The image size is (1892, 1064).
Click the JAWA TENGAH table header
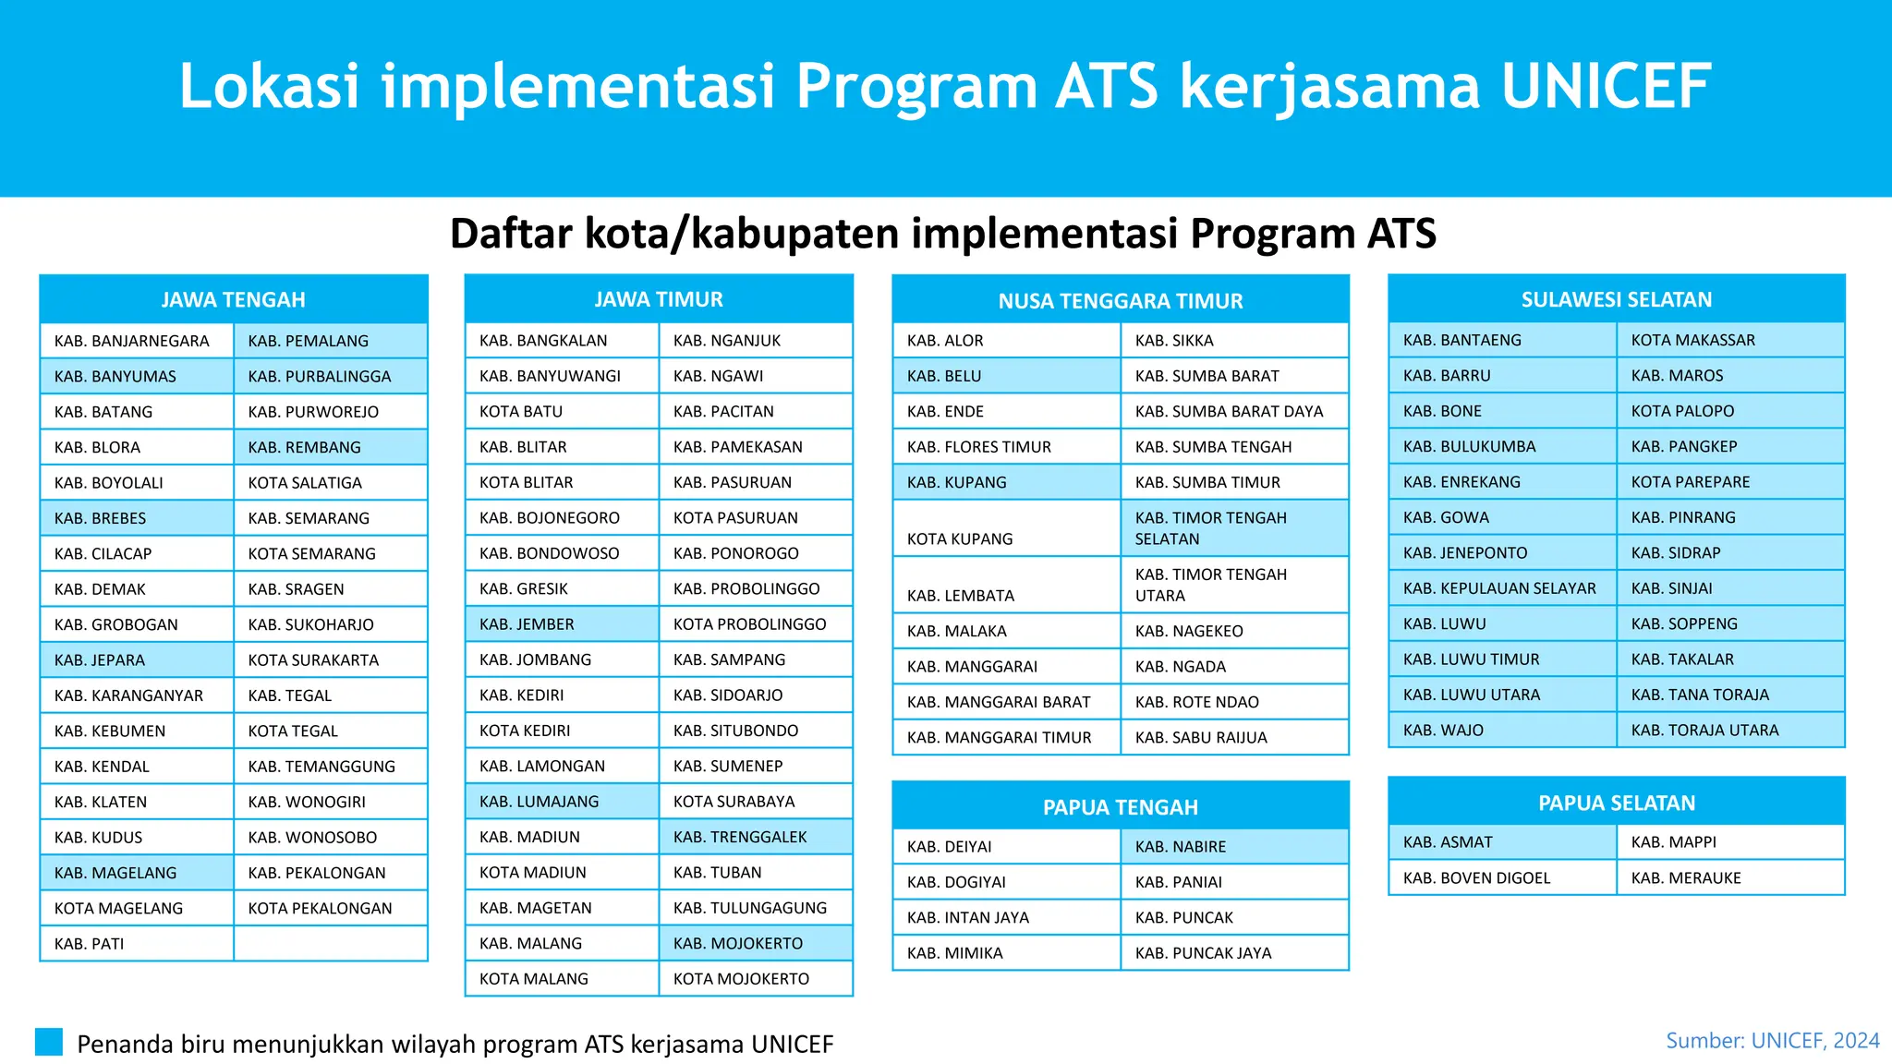coord(233,299)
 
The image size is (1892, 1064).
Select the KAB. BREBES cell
coord(136,518)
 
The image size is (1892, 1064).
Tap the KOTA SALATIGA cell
coord(330,482)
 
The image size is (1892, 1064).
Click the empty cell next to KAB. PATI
coord(330,943)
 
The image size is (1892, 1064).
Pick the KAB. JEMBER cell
coord(561,624)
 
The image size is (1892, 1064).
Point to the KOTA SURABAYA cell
coord(755,801)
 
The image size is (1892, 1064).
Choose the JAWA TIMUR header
coord(658,299)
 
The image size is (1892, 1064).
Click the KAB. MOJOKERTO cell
coord(755,943)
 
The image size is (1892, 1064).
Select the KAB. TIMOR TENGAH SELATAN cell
coord(1233,528)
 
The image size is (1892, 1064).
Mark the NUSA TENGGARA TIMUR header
coord(1120,300)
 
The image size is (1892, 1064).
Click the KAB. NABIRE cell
coord(1233,846)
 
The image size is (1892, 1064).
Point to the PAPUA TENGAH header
coord(1120,806)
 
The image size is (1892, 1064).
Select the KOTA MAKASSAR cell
coord(1729,340)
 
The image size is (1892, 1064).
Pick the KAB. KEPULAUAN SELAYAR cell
coord(1501,588)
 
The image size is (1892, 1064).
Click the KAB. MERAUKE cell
coord(1729,877)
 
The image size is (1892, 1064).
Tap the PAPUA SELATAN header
coord(1616,803)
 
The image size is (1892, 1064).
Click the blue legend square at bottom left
coord(49,1042)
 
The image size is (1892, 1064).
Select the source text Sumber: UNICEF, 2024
coord(1772,1041)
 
